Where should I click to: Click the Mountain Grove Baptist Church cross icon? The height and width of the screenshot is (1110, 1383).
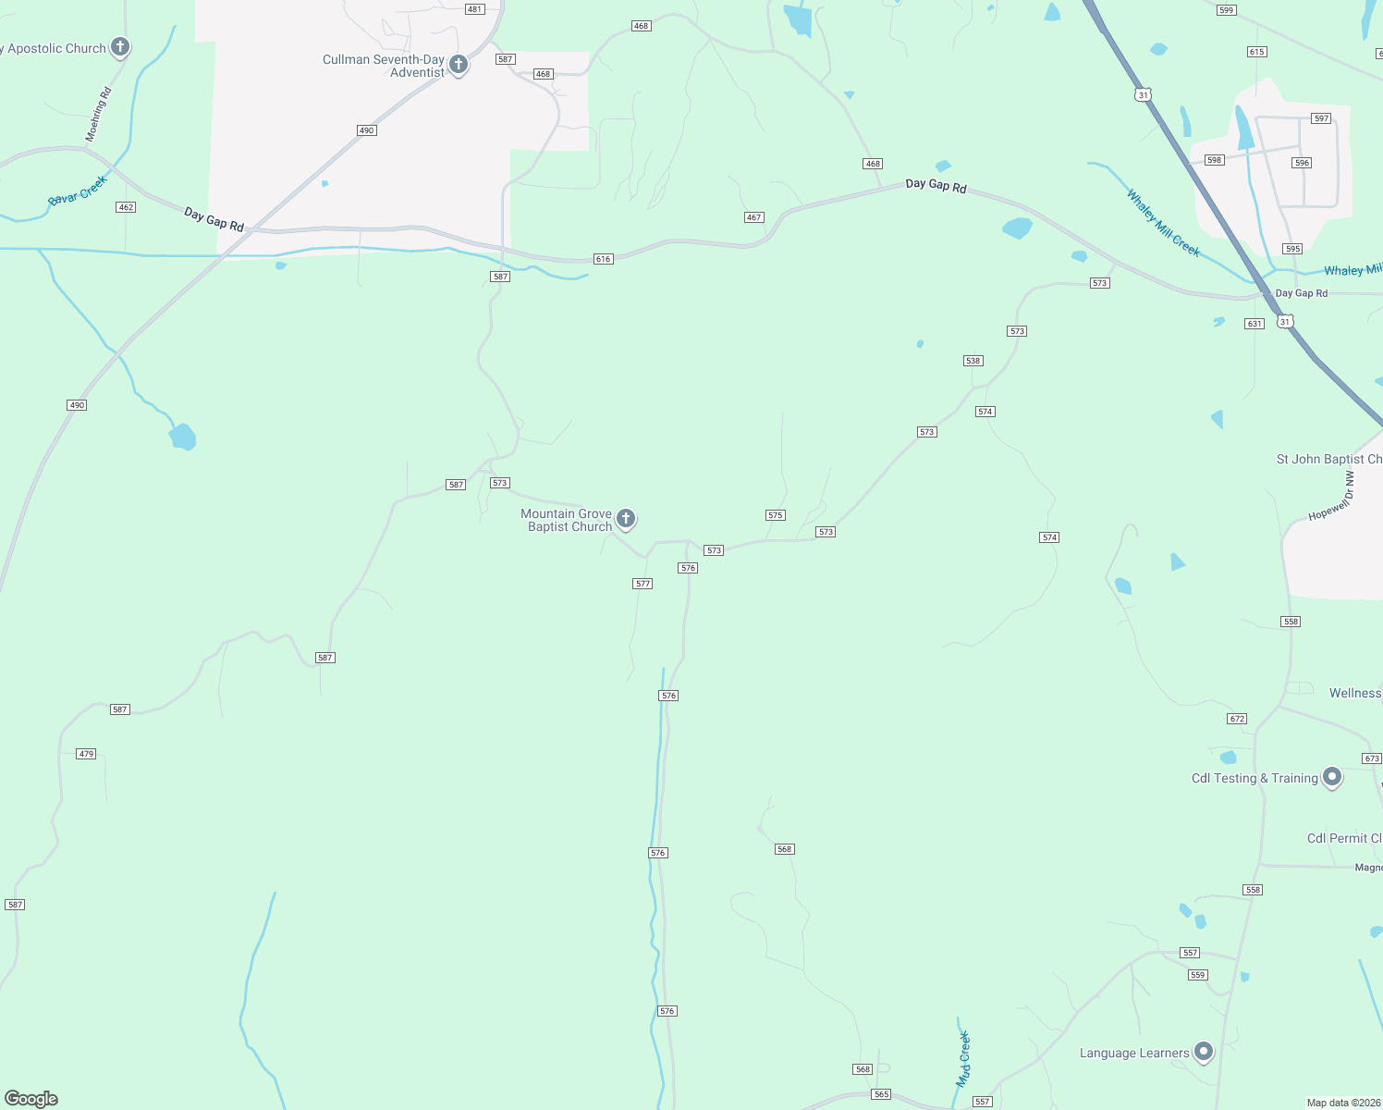(626, 518)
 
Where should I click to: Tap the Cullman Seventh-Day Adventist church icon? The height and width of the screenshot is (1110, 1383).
(458, 65)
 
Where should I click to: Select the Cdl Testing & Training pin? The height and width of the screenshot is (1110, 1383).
(1332, 777)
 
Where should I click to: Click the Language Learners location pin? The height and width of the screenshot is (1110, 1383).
(1204, 1051)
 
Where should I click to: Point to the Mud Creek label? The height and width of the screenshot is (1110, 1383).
(963, 1059)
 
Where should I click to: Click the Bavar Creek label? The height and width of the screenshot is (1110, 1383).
(78, 191)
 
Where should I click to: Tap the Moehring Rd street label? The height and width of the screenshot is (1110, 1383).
(98, 115)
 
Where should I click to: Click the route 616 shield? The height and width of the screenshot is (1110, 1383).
(604, 259)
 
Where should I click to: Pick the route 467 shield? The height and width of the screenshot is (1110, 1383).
(753, 217)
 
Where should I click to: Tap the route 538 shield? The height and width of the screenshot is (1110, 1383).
(973, 361)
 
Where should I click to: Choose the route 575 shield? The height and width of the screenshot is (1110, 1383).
(776, 515)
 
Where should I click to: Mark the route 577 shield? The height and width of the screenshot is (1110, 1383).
(643, 584)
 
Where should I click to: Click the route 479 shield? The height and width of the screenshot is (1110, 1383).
(86, 754)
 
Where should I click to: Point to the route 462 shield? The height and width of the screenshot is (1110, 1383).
(126, 207)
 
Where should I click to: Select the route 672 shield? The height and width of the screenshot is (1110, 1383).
(1237, 719)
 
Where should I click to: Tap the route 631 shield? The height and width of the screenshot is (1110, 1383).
(1254, 324)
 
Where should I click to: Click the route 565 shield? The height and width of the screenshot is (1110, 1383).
(881, 1094)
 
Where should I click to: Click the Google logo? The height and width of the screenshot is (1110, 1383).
(31, 1099)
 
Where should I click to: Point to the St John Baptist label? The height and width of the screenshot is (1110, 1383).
(1328, 459)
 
